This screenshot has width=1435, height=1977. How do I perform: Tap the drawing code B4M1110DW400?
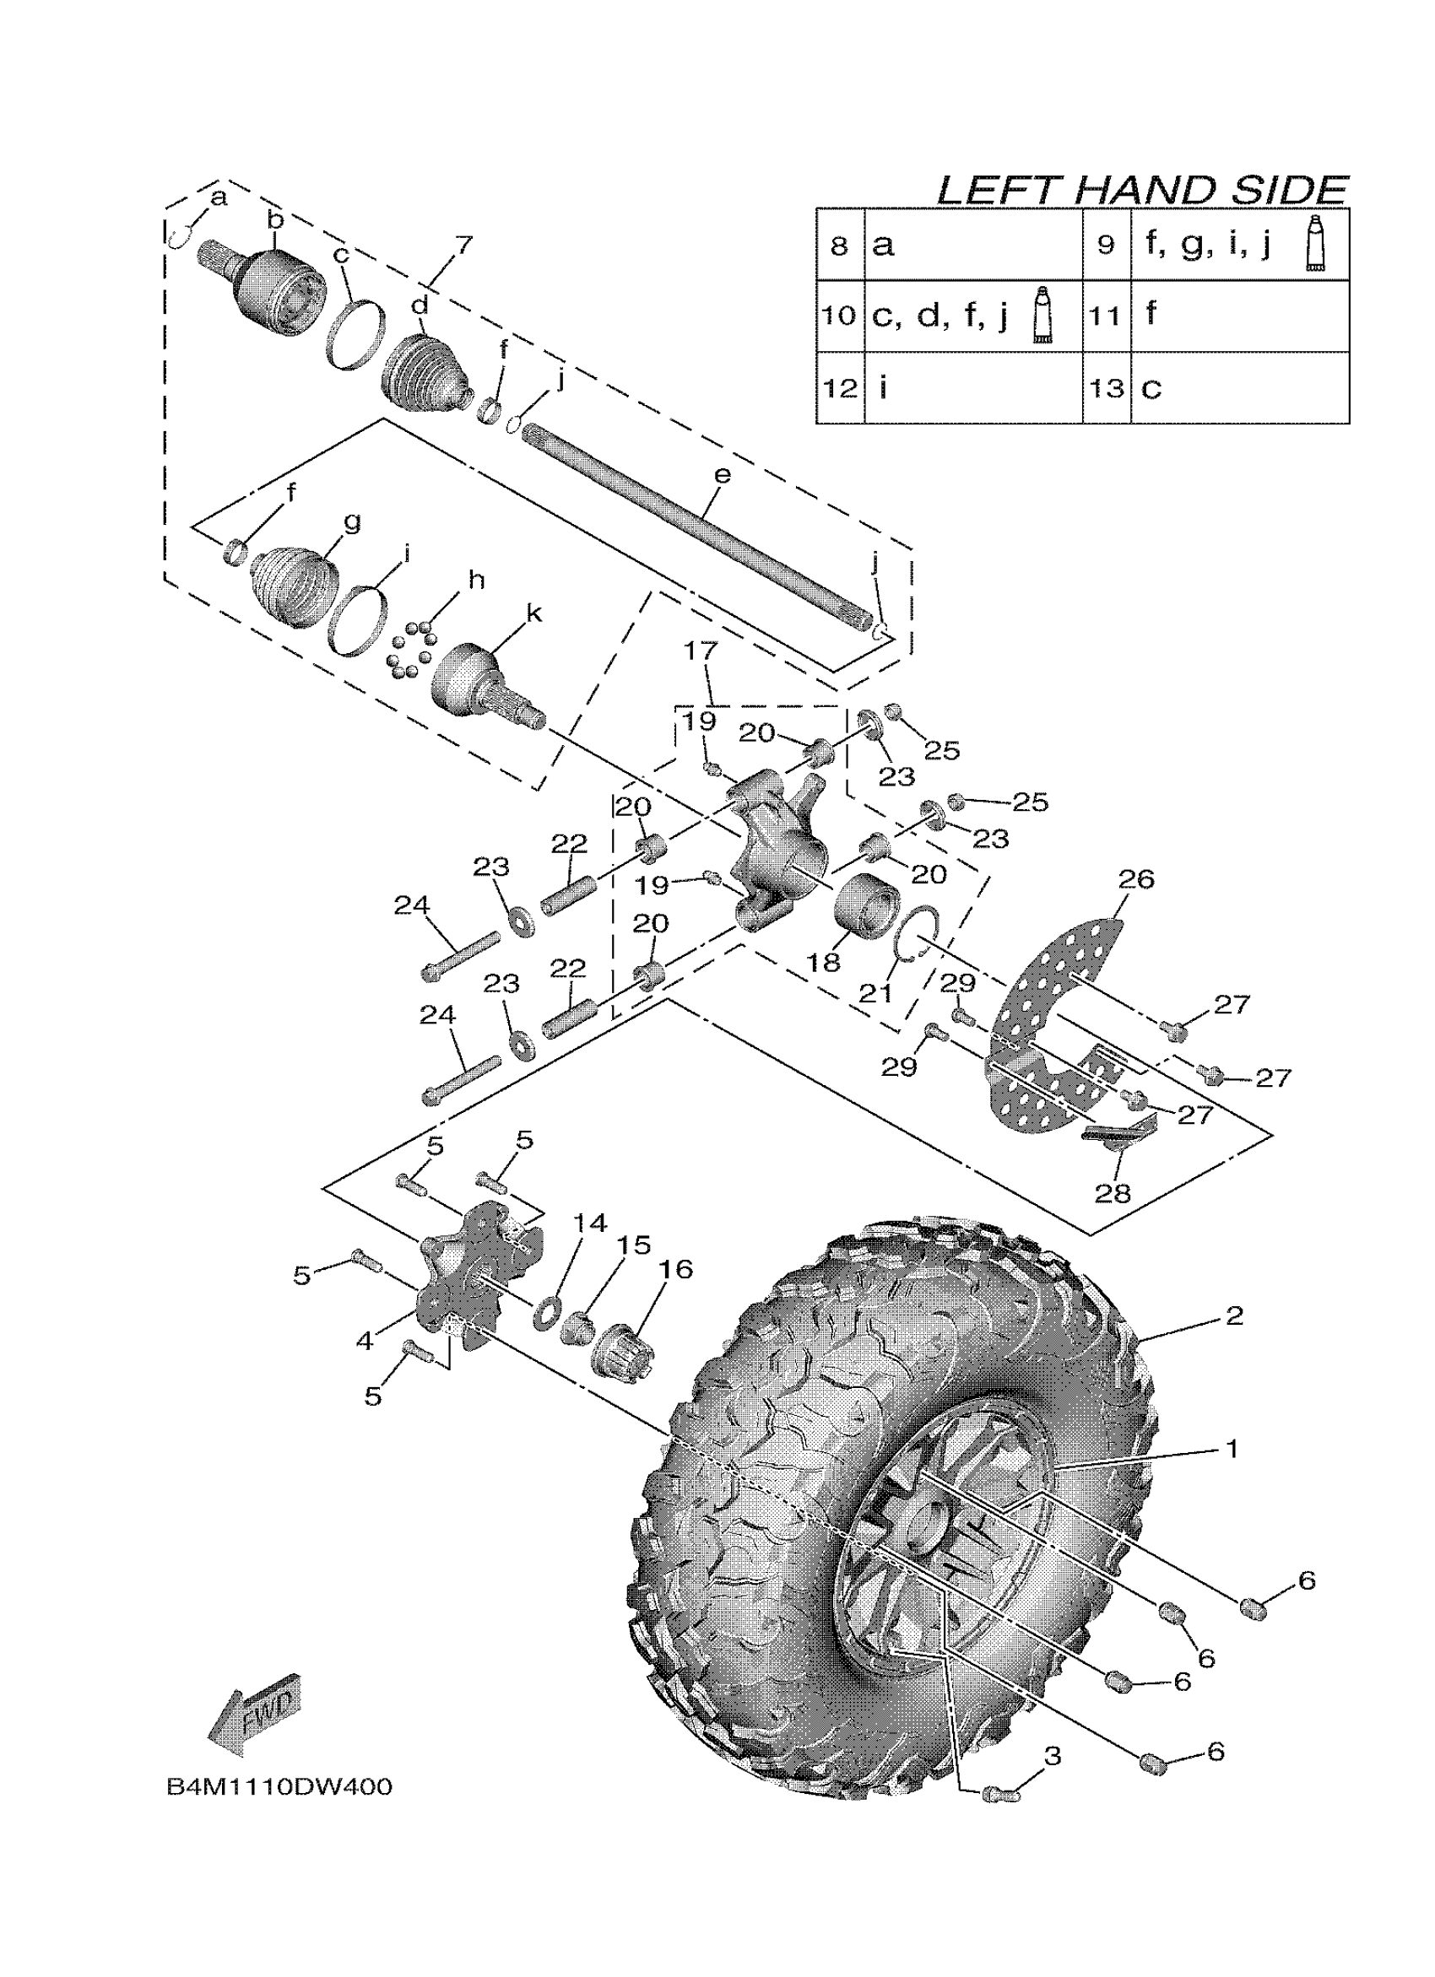(279, 1788)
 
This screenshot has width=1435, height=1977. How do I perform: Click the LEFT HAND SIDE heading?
(1142, 190)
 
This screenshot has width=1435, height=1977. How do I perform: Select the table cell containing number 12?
(840, 388)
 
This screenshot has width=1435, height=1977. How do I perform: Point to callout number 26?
(1136, 878)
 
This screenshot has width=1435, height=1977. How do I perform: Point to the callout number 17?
(700, 652)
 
